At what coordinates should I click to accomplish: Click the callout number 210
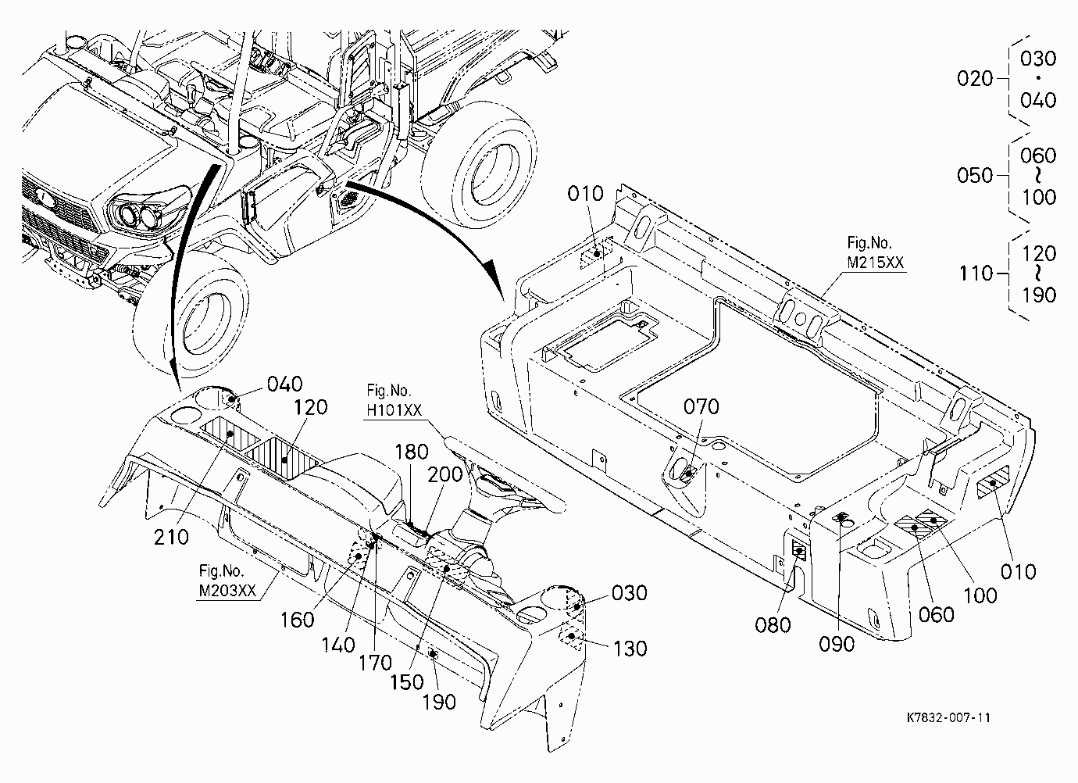click(171, 538)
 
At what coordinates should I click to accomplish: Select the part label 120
click(310, 408)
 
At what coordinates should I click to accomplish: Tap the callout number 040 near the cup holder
click(285, 384)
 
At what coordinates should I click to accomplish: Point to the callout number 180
click(412, 452)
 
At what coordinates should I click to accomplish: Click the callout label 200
click(445, 475)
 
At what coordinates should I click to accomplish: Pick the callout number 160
click(298, 620)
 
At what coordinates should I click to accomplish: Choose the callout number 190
click(439, 703)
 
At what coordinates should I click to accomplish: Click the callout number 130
click(630, 649)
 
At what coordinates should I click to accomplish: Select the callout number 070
click(701, 407)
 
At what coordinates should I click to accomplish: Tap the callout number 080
click(773, 625)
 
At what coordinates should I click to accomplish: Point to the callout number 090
click(837, 645)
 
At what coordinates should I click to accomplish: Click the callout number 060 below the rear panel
click(936, 615)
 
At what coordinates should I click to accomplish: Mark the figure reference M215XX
click(876, 263)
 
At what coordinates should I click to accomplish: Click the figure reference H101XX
click(394, 410)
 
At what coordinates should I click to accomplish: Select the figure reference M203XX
click(227, 591)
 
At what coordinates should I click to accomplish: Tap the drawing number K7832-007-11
click(948, 718)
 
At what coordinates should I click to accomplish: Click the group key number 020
click(975, 78)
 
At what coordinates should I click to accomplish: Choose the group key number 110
click(976, 274)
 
